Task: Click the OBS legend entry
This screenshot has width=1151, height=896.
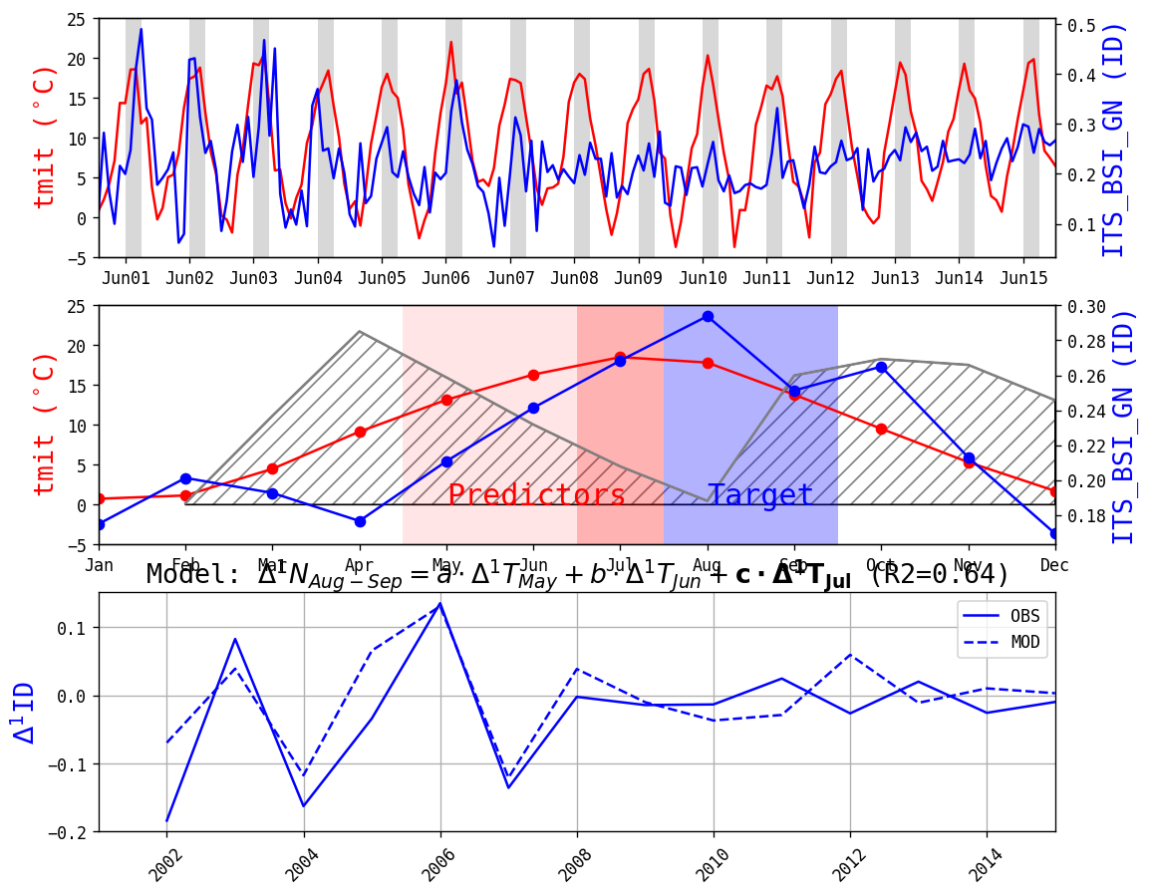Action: click(x=1001, y=616)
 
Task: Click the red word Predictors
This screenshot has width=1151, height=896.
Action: click(x=536, y=496)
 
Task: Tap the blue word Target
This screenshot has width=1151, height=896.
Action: click(x=760, y=495)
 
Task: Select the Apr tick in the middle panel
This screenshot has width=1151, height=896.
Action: click(x=360, y=564)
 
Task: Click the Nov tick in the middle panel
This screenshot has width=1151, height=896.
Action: click(x=969, y=564)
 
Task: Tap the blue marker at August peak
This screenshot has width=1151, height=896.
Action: click(x=708, y=316)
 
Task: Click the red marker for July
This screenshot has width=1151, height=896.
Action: click(x=620, y=357)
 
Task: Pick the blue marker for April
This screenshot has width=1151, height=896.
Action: click(x=360, y=521)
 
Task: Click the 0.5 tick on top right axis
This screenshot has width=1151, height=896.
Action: click(x=1080, y=26)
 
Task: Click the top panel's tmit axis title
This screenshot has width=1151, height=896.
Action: click(x=44, y=136)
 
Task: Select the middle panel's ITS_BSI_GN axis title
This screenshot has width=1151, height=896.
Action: click(x=1122, y=426)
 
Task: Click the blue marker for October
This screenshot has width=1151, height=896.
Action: click(x=881, y=368)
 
